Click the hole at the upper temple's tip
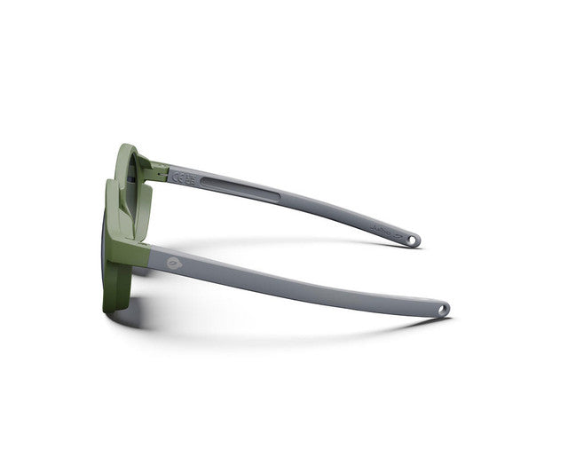click(413, 240)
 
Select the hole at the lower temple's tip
click(441, 309)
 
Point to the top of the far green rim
click(128, 147)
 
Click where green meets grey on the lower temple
click(148, 251)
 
